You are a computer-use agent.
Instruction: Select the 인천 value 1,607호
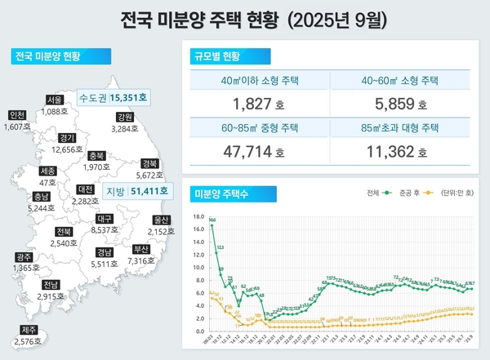pos(17,127)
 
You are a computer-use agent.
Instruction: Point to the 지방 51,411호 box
pos(137,191)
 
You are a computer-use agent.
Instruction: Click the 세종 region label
pos(47,171)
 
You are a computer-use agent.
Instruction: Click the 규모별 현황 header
pos(216,56)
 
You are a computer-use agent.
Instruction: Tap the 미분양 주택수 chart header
pos(220,193)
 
